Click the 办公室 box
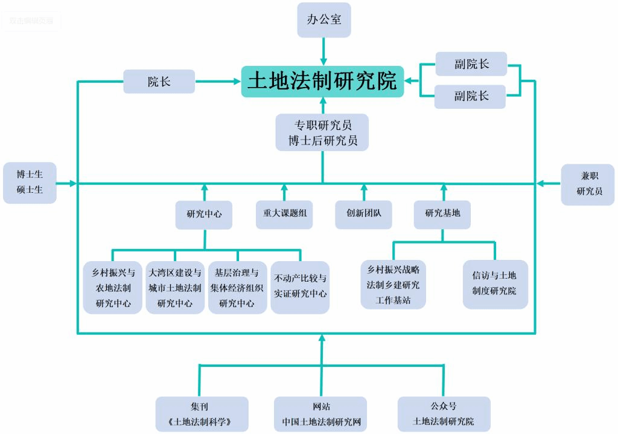click(x=323, y=19)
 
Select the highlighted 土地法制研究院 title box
click(x=323, y=81)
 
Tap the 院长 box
click(x=159, y=82)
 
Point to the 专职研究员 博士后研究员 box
click(x=323, y=132)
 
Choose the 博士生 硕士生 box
click(x=30, y=183)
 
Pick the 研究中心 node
click(x=204, y=213)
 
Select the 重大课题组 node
click(x=284, y=213)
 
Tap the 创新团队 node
click(x=363, y=213)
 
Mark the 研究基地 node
click(x=442, y=213)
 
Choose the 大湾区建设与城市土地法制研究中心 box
click(x=175, y=288)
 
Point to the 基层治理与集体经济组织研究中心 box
click(x=237, y=288)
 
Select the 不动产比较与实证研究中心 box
click(x=300, y=288)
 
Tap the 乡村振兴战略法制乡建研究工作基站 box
click(x=393, y=284)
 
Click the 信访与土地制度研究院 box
click(x=494, y=284)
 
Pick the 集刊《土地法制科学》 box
click(x=202, y=414)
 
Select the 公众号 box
click(x=444, y=414)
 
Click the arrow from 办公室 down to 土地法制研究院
click(x=323, y=51)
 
